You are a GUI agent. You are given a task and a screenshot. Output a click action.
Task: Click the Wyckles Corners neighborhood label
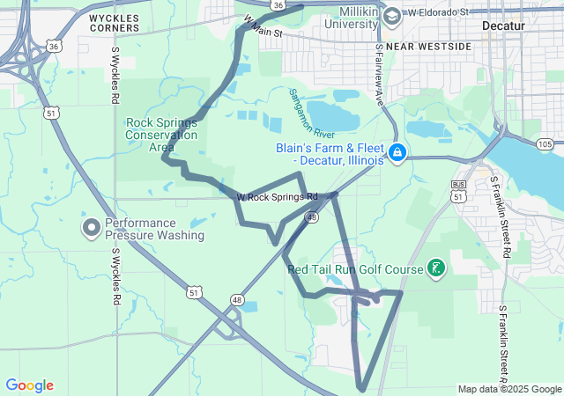point(114,22)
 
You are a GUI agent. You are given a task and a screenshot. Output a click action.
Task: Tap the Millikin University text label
point(338,18)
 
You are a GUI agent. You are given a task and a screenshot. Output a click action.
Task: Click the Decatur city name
point(503,26)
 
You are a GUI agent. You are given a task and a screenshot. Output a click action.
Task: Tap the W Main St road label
point(262,26)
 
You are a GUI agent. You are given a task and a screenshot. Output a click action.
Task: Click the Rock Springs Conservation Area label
point(161,135)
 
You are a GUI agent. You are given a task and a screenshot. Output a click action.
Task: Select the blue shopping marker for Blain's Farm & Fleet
point(397,154)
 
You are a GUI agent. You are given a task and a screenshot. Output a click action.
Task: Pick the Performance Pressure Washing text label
point(154,229)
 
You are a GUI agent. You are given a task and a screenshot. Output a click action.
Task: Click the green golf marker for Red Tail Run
point(435,268)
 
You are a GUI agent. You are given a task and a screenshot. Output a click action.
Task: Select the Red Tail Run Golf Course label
point(355,268)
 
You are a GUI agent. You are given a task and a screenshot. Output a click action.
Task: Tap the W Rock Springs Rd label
point(276,196)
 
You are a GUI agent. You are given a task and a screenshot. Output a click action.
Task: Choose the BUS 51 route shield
point(458,191)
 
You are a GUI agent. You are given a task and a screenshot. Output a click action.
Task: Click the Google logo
point(30,385)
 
